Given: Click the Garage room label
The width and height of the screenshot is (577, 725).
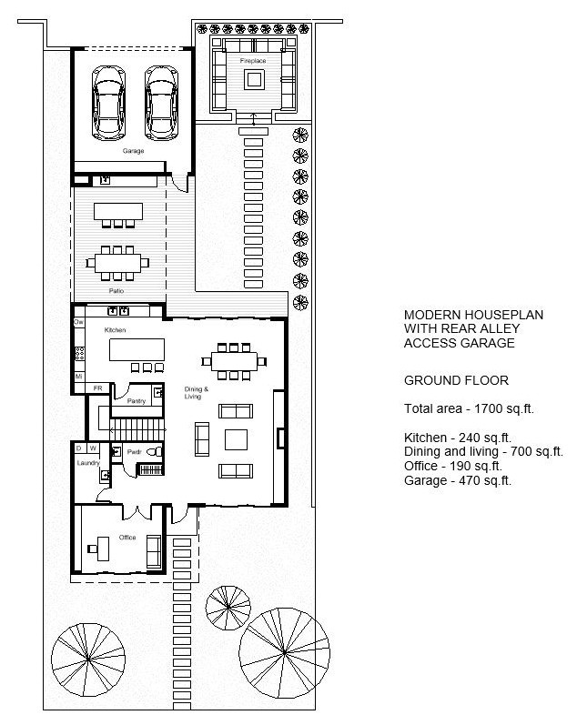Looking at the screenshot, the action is click(x=133, y=151).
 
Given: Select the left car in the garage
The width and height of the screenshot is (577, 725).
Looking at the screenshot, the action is click(x=108, y=103).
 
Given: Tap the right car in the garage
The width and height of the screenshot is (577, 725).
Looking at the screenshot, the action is click(x=161, y=103).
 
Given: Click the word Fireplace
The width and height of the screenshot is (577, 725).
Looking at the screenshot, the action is click(x=253, y=61).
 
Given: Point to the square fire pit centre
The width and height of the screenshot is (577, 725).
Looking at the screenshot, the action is click(x=254, y=79).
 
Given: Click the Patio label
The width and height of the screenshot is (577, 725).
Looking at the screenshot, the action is click(x=116, y=291).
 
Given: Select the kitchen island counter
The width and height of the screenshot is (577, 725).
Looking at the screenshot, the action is click(x=137, y=349).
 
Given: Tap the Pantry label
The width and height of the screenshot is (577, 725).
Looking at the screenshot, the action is click(x=136, y=401).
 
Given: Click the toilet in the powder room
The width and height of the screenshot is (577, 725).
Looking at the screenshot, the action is click(x=155, y=452).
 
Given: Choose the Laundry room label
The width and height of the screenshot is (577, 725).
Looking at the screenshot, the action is click(x=88, y=463).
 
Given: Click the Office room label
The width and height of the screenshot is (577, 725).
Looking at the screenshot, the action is click(x=127, y=538).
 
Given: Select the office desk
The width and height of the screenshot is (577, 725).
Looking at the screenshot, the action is click(x=103, y=549).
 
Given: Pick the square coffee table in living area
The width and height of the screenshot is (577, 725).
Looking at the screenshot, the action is click(x=236, y=439).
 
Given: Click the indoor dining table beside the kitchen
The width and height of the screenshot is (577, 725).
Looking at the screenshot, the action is click(x=234, y=361).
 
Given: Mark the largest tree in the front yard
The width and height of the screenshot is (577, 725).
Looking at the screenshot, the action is click(x=284, y=653).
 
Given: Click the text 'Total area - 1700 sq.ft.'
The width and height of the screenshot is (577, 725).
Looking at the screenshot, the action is click(x=469, y=408).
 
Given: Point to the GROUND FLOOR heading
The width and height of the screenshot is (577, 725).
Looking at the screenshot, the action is click(x=456, y=380).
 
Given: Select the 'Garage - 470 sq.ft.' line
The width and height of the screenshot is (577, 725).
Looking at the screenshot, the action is click(x=458, y=480).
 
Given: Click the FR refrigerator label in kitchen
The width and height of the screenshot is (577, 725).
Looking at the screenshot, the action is click(x=97, y=388).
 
